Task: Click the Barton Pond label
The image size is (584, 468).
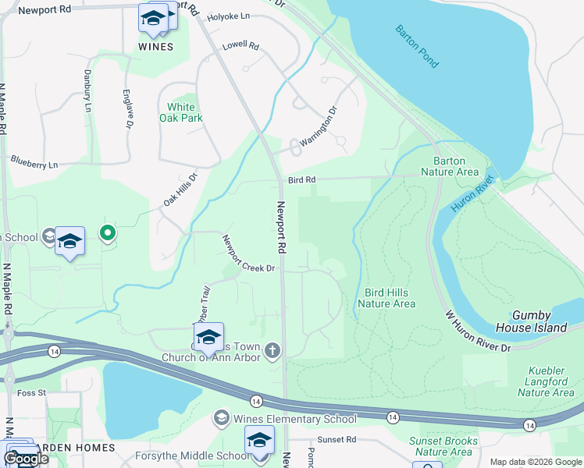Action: pyautogui.click(x=418, y=46)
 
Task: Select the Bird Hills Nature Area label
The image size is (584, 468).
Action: pyautogui.click(x=386, y=298)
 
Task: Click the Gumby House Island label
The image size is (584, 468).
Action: pyautogui.click(x=539, y=321)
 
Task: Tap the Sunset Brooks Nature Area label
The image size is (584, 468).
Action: pyautogui.click(x=443, y=445)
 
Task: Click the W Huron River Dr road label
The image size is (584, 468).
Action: pyautogui.click(x=477, y=331)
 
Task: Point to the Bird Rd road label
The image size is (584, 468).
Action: pyautogui.click(x=301, y=179)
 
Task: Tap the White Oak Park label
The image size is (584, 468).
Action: pyautogui.click(x=180, y=112)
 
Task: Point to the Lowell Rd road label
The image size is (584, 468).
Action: pyautogui.click(x=240, y=46)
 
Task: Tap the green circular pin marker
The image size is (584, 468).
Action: pyautogui.click(x=109, y=232)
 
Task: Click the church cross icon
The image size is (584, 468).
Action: pyautogui.click(x=272, y=350)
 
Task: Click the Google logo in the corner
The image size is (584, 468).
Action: pyautogui.click(x=25, y=459)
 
